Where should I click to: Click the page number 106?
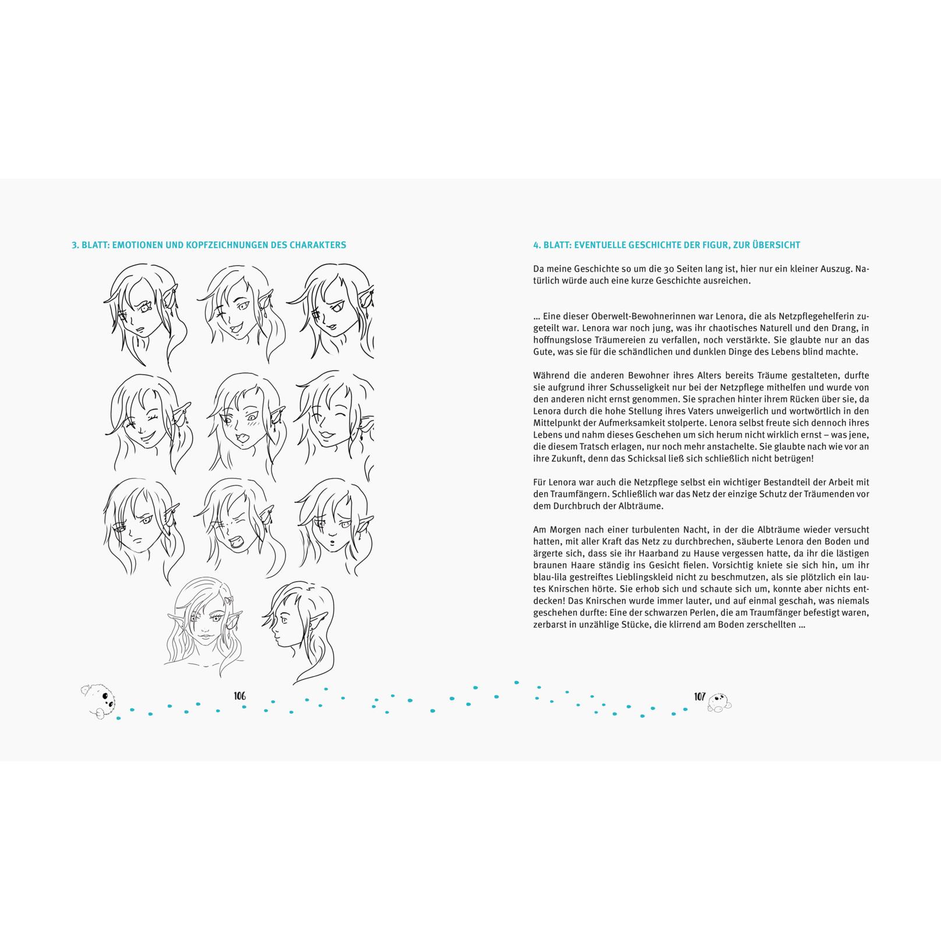pyautogui.click(x=239, y=696)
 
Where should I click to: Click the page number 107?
pyautogui.click(x=700, y=696)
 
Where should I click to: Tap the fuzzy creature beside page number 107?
pyautogui.click(x=720, y=703)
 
